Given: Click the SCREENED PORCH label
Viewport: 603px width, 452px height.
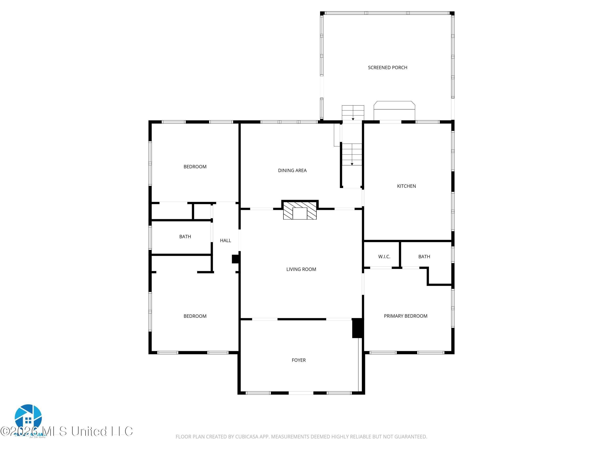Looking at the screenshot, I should click(x=387, y=67).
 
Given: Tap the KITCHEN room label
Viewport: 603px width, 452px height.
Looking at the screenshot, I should click(x=406, y=186).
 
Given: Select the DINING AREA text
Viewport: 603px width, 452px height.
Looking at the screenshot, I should click(x=292, y=171).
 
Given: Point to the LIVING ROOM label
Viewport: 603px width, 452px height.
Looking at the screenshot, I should click(x=301, y=269).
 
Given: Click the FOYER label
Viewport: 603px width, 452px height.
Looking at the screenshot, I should click(x=298, y=360).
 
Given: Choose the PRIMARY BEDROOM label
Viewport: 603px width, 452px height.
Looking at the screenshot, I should click(x=405, y=316).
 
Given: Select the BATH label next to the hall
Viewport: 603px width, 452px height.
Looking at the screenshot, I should click(x=185, y=236).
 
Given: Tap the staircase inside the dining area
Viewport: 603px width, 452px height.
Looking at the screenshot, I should click(x=352, y=154).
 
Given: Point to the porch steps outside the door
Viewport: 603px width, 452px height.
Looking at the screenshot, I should click(x=353, y=112).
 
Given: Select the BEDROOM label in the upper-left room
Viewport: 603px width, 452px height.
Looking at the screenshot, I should click(x=195, y=167).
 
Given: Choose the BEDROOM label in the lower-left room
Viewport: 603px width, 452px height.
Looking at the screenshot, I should click(x=195, y=316).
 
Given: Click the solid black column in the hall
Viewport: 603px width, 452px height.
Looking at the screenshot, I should click(x=235, y=259).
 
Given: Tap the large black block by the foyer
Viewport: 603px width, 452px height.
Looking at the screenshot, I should click(x=357, y=328).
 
